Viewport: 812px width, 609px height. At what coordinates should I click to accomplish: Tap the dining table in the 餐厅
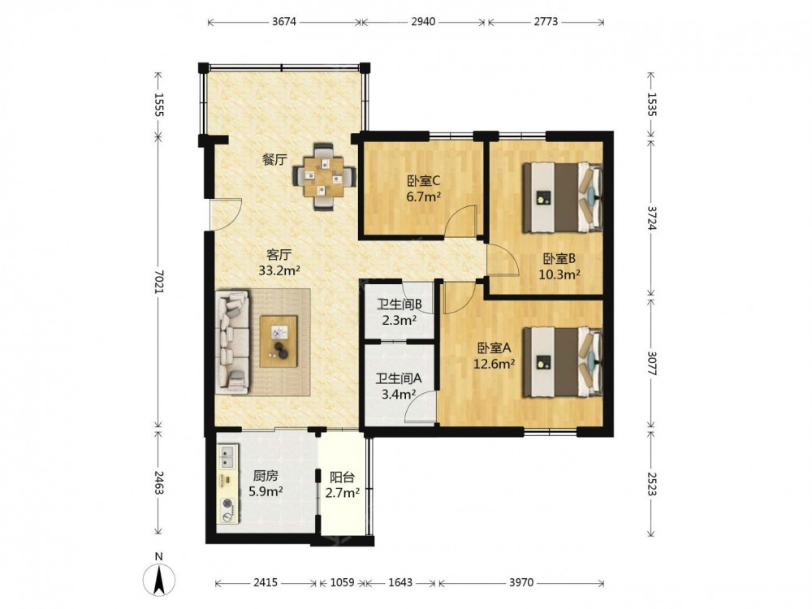click(325, 177)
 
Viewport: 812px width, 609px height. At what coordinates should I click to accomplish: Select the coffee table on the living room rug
click(279, 341)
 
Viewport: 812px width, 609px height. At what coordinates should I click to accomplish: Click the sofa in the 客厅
click(232, 341)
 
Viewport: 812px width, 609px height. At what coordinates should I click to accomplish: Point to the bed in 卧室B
click(563, 197)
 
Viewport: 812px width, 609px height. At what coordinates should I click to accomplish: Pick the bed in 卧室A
click(563, 361)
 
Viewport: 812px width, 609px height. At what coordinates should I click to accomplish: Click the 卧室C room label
click(423, 181)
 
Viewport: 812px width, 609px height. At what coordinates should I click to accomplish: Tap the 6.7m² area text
click(423, 197)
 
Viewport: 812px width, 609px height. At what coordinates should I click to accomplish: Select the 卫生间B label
click(399, 304)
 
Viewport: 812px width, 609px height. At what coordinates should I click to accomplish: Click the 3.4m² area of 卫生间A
click(399, 395)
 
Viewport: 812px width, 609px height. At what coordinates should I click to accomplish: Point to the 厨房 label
click(266, 475)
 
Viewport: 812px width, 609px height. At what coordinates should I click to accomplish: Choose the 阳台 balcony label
click(343, 477)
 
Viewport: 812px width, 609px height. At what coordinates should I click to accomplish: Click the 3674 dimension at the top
click(283, 22)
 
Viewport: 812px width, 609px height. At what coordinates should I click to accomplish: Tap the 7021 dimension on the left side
click(159, 283)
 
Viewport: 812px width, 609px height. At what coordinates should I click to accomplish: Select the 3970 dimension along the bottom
click(521, 582)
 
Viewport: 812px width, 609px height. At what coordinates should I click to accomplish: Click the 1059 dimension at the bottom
click(342, 582)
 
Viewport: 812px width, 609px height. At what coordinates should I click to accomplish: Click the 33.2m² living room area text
click(279, 270)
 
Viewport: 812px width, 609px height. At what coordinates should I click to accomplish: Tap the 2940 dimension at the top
click(423, 22)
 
